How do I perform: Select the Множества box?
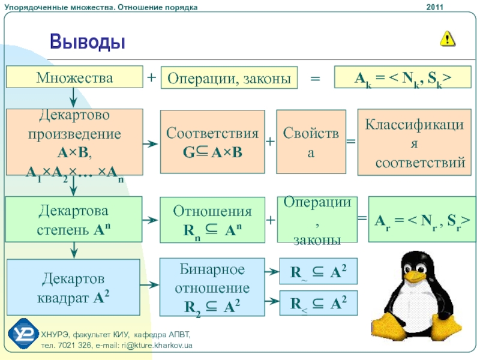pos(74,77)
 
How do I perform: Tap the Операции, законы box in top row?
pos(229,78)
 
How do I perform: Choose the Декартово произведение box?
pos(74,142)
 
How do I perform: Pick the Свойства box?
pos(311,143)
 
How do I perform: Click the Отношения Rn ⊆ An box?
pos(212,220)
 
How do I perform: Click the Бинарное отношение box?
pos(212,287)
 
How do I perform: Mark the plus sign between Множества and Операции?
pos(151,77)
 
